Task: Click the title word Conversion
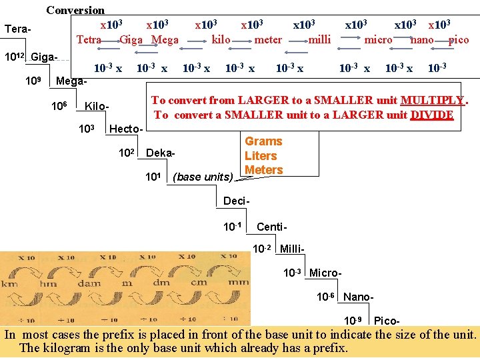point(75,10)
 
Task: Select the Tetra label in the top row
point(89,39)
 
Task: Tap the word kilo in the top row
point(221,39)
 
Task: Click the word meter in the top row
point(268,39)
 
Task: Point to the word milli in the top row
point(319,39)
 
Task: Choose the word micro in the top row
point(378,39)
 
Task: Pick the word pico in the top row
point(459,39)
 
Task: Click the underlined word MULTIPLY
point(433,101)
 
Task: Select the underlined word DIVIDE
point(432,115)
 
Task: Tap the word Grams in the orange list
point(263,141)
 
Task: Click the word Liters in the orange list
point(261,155)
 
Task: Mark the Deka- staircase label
point(161,153)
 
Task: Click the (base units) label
point(203,177)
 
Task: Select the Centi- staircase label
point(271,227)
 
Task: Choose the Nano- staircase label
point(358,297)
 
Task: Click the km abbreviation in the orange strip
point(10,283)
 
